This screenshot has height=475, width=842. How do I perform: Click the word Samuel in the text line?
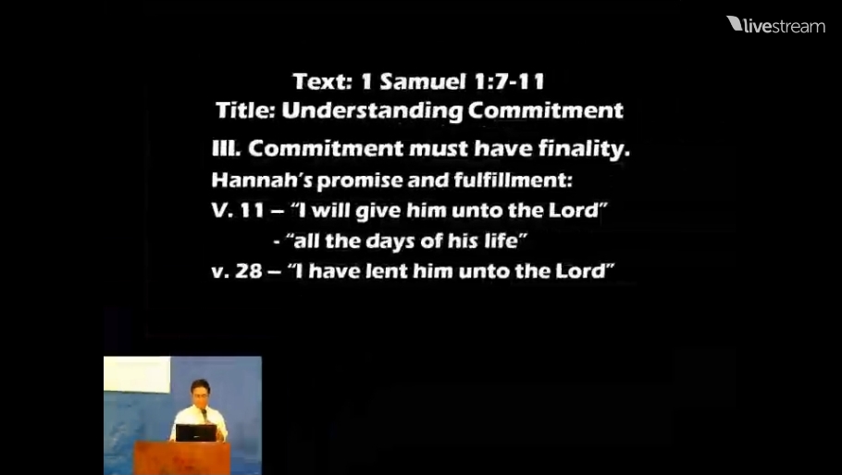click(423, 81)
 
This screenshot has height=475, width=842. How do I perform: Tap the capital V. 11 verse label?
click(238, 210)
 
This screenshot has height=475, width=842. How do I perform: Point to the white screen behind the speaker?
click(136, 374)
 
